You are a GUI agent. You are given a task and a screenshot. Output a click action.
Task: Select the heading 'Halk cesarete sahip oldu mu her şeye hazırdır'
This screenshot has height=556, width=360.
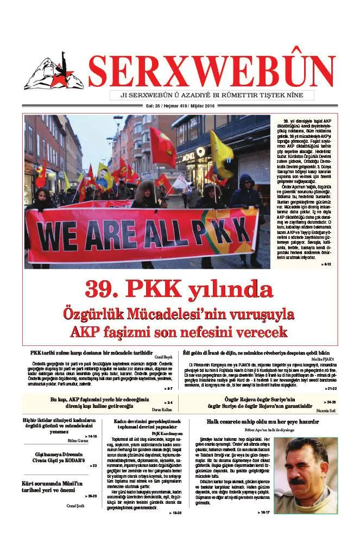[x=262, y=421]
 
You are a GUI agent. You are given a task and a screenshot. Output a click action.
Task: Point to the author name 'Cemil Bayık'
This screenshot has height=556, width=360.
[x=164, y=357]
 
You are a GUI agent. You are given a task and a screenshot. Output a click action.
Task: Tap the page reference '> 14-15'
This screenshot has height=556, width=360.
[x=90, y=436]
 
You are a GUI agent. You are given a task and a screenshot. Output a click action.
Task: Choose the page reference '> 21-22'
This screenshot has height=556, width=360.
[x=330, y=389]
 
